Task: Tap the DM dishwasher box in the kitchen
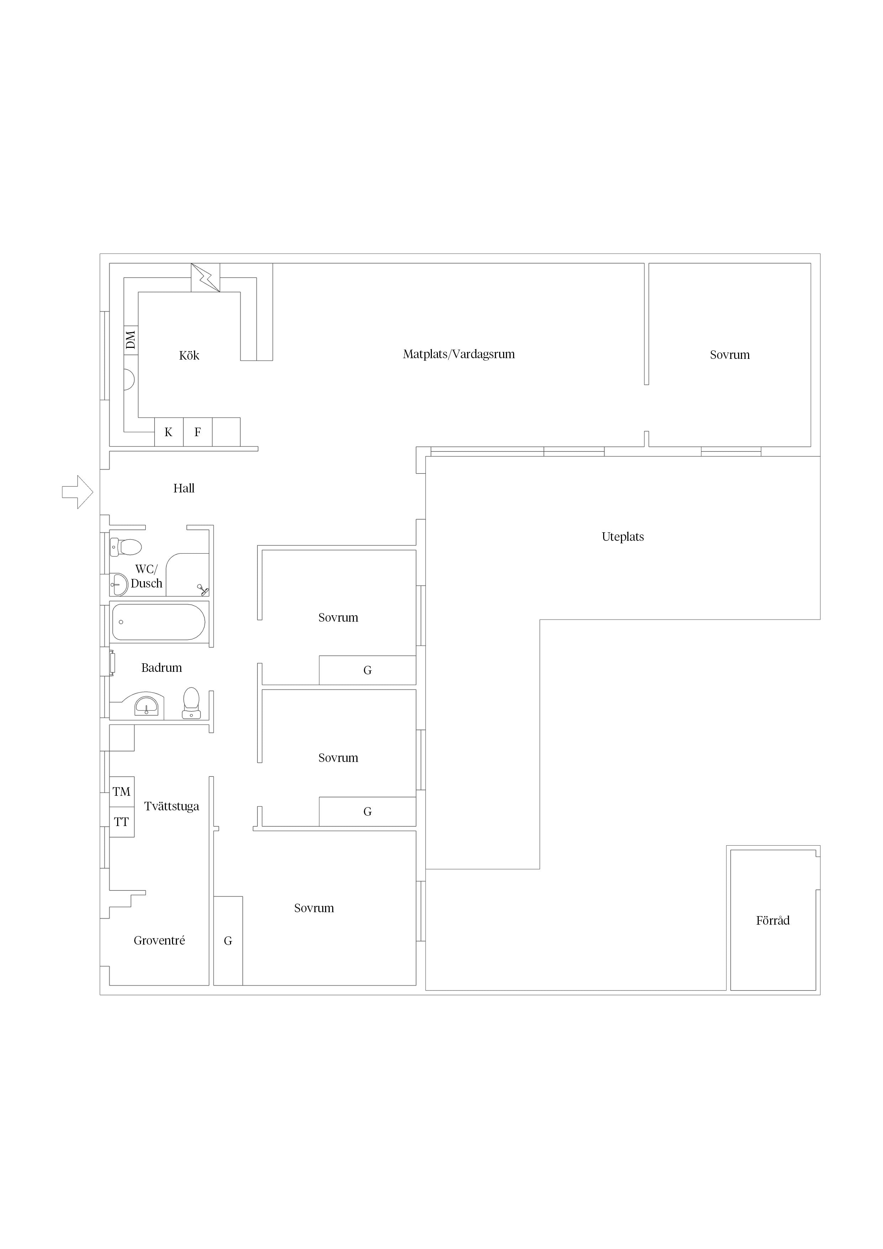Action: [x=131, y=340]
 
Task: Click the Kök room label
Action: [x=189, y=355]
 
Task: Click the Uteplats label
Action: [x=623, y=537]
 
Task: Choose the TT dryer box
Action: [x=122, y=822]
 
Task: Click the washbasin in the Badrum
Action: [x=146, y=706]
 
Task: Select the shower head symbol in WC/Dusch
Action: [x=203, y=590]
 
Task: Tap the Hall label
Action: [x=184, y=488]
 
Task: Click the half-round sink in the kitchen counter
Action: [x=130, y=380]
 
